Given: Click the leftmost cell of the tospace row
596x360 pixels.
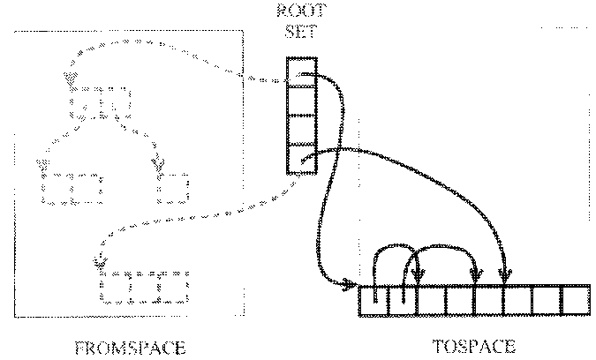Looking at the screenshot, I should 374,301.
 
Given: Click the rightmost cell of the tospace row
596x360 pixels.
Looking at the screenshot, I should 575,301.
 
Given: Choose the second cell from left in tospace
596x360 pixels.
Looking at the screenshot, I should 403,301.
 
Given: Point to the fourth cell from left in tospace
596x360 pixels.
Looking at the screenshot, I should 460,301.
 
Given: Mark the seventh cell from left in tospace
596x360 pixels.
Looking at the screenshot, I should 546,301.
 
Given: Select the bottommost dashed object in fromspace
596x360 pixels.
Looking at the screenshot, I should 145,288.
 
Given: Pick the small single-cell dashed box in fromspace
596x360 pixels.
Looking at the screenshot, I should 174,188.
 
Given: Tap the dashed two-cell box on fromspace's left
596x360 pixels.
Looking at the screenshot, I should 72,188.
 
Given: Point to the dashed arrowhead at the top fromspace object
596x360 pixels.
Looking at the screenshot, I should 69,81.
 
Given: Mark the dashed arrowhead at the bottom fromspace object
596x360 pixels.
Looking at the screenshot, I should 99,262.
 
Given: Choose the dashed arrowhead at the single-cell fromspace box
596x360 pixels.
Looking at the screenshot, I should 160,165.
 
